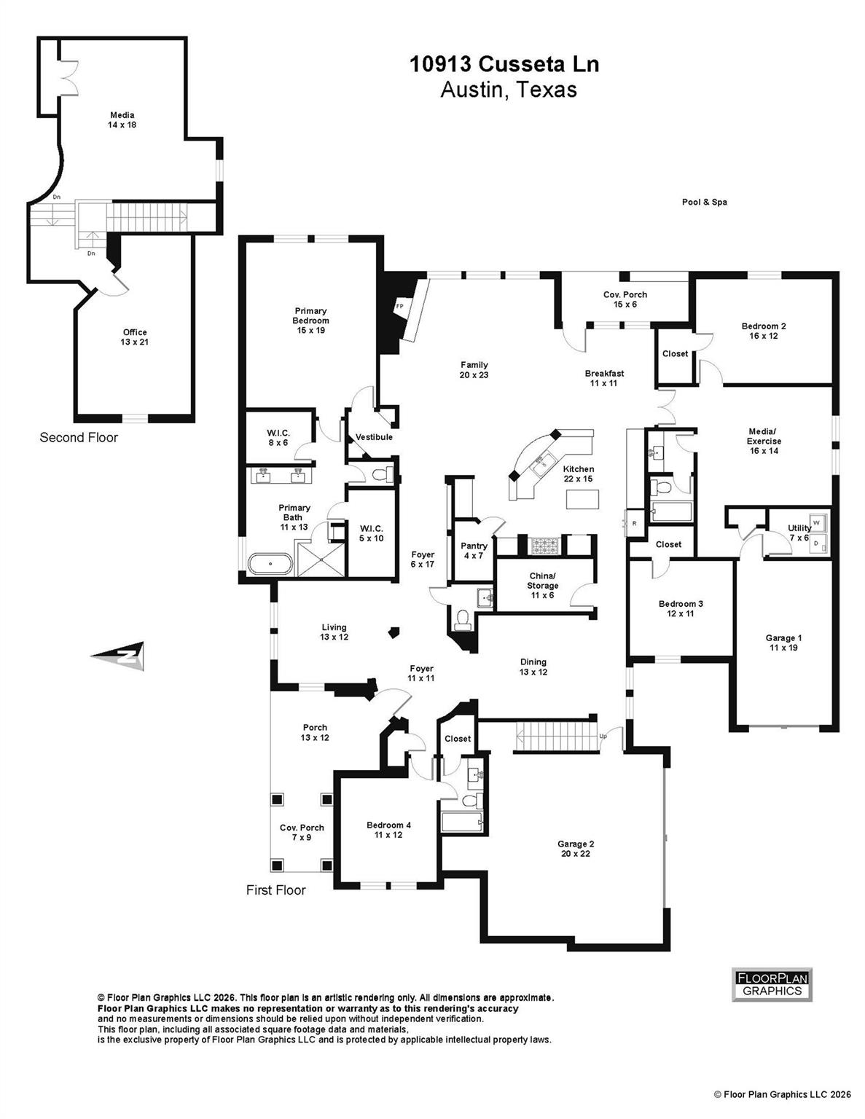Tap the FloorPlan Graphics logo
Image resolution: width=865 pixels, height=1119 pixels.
click(x=771, y=984)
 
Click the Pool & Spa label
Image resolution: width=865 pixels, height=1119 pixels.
click(x=704, y=202)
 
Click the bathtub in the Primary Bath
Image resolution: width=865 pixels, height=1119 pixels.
click(x=270, y=563)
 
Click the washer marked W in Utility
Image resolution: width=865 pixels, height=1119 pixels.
click(x=818, y=522)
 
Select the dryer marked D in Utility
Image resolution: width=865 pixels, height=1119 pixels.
click(x=818, y=543)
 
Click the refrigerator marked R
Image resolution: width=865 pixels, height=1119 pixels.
click(x=634, y=523)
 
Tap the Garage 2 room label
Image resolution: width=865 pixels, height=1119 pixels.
click(x=575, y=849)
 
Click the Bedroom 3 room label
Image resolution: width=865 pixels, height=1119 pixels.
click(x=681, y=608)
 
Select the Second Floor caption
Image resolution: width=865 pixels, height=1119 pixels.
click(x=79, y=437)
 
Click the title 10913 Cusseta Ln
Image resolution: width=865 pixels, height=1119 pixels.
click(x=504, y=64)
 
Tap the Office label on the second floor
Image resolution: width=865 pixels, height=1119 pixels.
click(x=135, y=337)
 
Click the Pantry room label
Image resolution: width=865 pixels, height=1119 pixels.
click(x=474, y=551)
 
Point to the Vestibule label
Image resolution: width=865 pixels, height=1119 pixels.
click(x=374, y=437)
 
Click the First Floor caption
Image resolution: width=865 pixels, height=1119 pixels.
click(x=275, y=890)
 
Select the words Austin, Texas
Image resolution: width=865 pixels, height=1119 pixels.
click(x=509, y=90)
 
